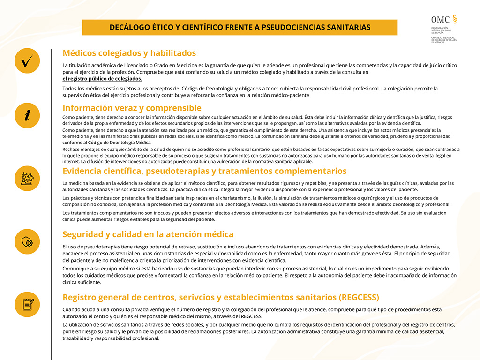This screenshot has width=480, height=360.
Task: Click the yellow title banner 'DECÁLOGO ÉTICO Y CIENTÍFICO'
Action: pyautogui.click(x=240, y=27)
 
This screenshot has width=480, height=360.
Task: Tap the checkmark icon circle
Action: pyautogui.click(x=27, y=61)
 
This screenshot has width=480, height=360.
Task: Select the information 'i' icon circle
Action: pyautogui.click(x=27, y=114)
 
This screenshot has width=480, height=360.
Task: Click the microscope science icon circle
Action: pyautogui.click(x=27, y=179)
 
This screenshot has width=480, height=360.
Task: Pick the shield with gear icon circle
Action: pyautogui.click(x=27, y=242)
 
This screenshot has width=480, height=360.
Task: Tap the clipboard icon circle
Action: pyautogui.click(x=27, y=304)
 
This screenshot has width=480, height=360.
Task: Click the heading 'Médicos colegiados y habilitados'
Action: pyautogui.click(x=129, y=53)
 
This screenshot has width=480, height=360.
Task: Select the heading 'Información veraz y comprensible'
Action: pyautogui.click(x=132, y=108)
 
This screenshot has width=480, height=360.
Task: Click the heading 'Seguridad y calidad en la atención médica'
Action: pyautogui.click(x=148, y=234)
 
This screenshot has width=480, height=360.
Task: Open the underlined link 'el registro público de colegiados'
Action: pyautogui.click(x=102, y=79)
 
